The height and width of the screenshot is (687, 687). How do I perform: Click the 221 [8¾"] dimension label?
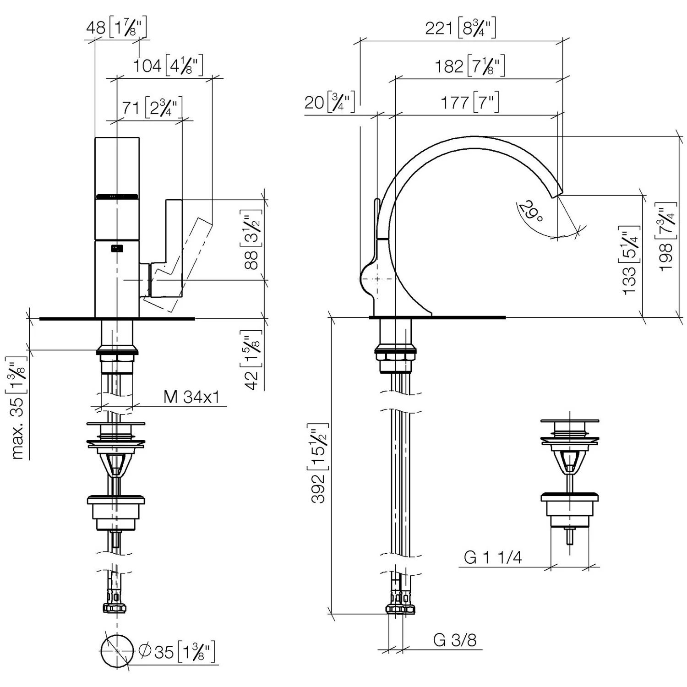pyautogui.click(x=460, y=28)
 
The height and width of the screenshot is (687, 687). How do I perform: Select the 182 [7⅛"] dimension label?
pyautogui.click(x=470, y=66)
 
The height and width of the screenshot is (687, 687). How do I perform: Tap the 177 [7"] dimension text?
pyautogui.click(x=470, y=103)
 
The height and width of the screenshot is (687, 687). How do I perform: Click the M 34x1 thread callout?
pyautogui.click(x=191, y=397)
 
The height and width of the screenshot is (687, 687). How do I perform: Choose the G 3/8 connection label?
pyautogui.click(x=455, y=640)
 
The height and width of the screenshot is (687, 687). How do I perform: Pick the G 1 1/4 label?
pyautogui.click(x=493, y=557)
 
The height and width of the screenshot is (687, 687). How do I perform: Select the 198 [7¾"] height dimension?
pyautogui.click(x=668, y=236)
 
